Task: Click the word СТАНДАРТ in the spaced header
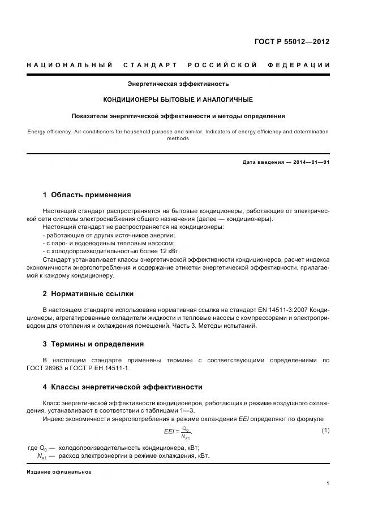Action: pyautogui.click(x=151, y=65)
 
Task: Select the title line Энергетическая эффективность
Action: pyautogui.click(x=178, y=84)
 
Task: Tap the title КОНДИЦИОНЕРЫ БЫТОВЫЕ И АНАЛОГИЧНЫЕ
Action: pyautogui.click(x=178, y=99)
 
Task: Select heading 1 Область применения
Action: pyautogui.click(x=87, y=195)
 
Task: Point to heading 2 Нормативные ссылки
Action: pyautogui.click(x=88, y=294)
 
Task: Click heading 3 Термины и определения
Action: pyautogui.click(x=93, y=344)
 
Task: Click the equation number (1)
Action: pyautogui.click(x=325, y=431)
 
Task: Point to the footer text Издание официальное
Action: pyautogui.click(x=59, y=472)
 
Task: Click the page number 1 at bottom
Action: pyautogui.click(x=328, y=483)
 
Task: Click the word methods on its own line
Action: pyautogui.click(x=178, y=138)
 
